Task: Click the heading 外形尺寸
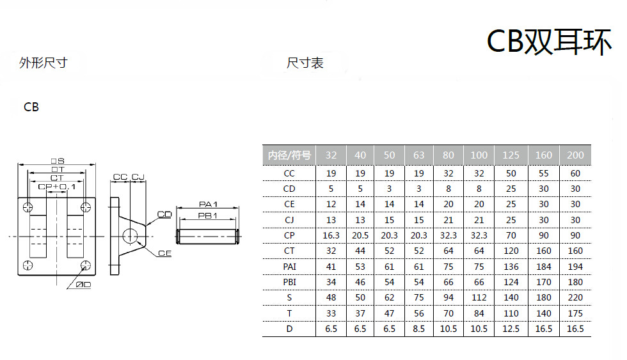pos(43,63)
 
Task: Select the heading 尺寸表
pos(305,63)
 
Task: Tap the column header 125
pos(511,155)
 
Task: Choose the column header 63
pos(419,155)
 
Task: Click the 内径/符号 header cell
pos(289,155)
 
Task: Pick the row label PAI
pos(289,266)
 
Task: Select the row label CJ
pos(289,219)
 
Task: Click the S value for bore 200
pos(575,297)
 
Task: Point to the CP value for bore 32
pos(331,235)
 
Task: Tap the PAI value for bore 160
pos(543,266)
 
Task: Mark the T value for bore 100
pos(479,313)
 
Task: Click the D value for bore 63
pos(419,329)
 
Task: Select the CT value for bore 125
pos(511,251)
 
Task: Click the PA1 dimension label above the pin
pos(208,204)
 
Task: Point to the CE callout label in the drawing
pos(164,253)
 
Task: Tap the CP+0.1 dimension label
pos(57,186)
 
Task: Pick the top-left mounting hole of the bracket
pos(26,207)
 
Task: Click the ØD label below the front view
pos(83,283)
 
